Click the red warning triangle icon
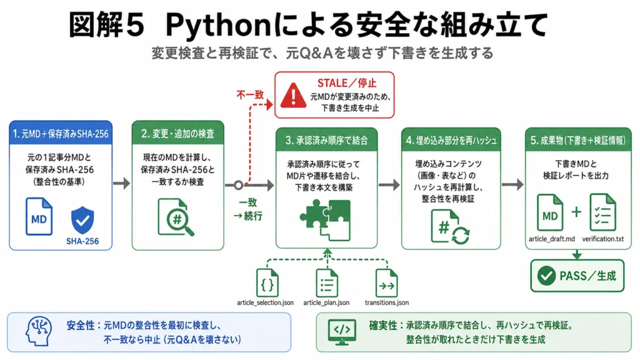pyautogui.click(x=293, y=96)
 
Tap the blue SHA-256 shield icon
pyautogui.click(x=82, y=220)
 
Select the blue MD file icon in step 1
pyautogui.click(x=39, y=216)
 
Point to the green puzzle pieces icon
pyautogui.click(x=326, y=219)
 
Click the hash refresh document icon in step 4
pyautogui.click(x=450, y=227)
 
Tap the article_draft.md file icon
pyautogui.click(x=550, y=212)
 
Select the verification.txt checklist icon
pyautogui.click(x=603, y=212)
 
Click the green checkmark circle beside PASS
pyautogui.click(x=546, y=276)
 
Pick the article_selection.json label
pyautogui.click(x=265, y=302)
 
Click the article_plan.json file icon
pyautogui.click(x=327, y=283)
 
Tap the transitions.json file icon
pyautogui.click(x=386, y=283)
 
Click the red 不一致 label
pyautogui.click(x=250, y=95)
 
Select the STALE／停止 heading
pyautogui.click(x=346, y=83)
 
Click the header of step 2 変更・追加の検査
pyautogui.click(x=178, y=133)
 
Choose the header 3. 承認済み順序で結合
pyautogui.click(x=326, y=140)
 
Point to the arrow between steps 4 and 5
pyautogui.click(x=512, y=184)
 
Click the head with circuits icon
pyautogui.click(x=39, y=331)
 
